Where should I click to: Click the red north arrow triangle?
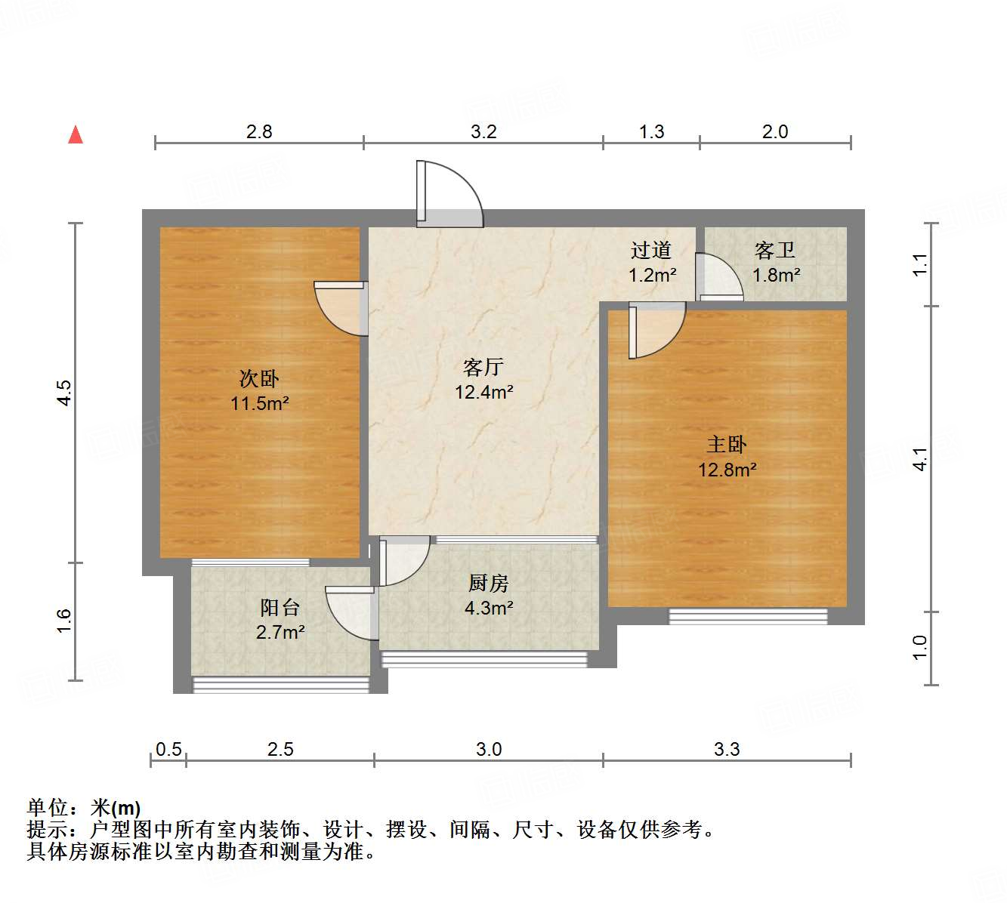[76, 134]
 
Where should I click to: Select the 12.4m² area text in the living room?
[484, 392]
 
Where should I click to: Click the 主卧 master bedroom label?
[727, 444]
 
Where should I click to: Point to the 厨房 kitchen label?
[489, 583]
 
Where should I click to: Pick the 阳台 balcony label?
[280, 607]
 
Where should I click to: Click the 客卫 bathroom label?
[775, 250]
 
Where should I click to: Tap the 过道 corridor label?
[651, 250]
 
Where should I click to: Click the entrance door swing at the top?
[449, 193]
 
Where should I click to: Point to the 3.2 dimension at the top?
[483, 132]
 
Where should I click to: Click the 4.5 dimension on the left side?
[65, 393]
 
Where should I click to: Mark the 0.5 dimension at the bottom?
[168, 749]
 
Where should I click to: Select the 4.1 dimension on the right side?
[919, 459]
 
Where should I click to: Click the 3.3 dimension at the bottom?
[727, 749]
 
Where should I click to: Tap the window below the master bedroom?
[748, 616]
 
